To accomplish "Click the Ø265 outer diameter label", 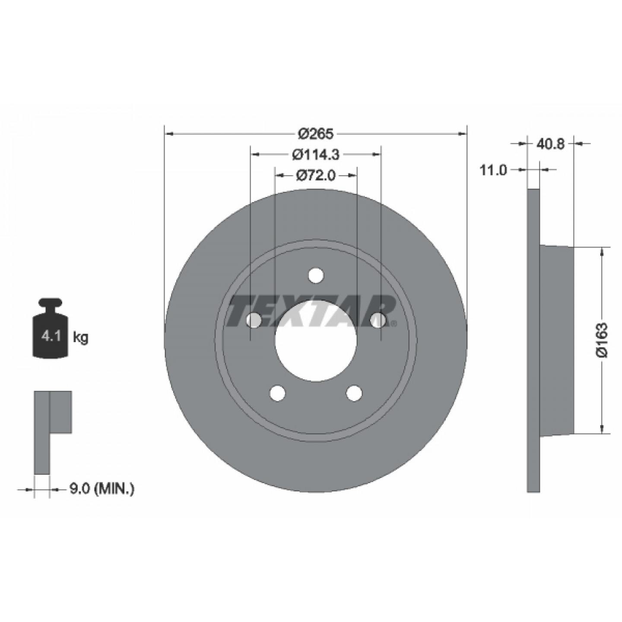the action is coord(315,133).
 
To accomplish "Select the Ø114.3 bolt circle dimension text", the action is coord(316,155).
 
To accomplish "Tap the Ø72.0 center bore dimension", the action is coord(316,176).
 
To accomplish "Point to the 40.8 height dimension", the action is coord(551,144).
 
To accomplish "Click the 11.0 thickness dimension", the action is coord(494,170).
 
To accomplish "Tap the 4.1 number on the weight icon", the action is coord(51,337).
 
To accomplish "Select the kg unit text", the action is coord(81,338).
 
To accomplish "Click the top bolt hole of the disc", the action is coord(316,275).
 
